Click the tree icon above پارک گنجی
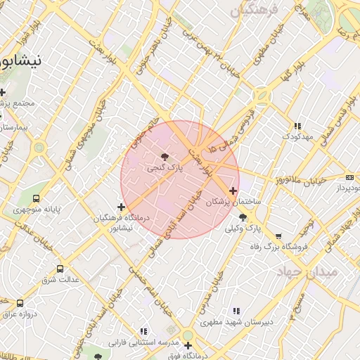click(x=165, y=156)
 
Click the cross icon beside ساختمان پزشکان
click(x=233, y=191)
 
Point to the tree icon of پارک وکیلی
click(x=243, y=218)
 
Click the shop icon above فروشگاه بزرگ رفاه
click(x=279, y=236)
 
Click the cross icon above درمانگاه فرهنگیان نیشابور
click(x=122, y=207)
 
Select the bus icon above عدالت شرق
click(x=59, y=269)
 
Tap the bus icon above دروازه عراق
click(x=20, y=303)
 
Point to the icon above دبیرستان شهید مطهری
click(x=236, y=311)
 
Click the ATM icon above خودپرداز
click(x=350, y=177)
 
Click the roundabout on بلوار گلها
click(x=263, y=94)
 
